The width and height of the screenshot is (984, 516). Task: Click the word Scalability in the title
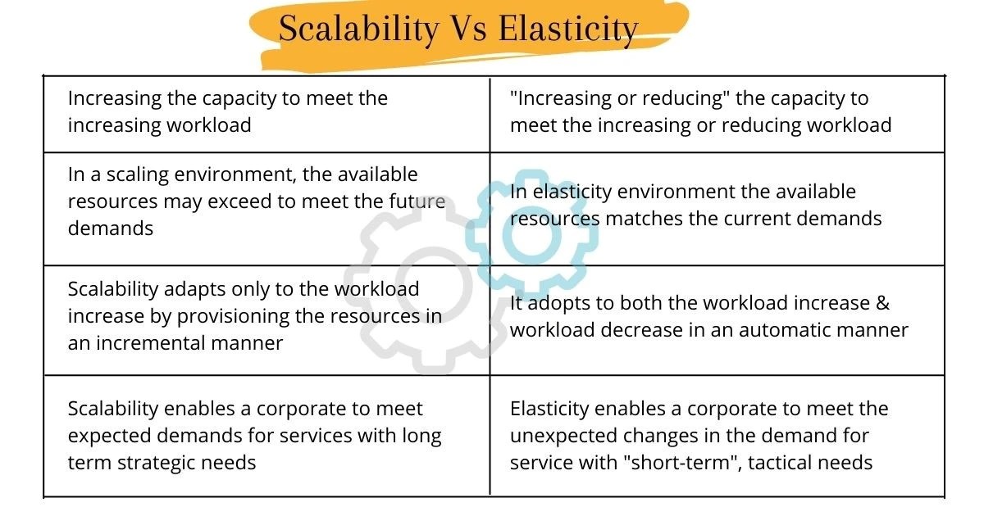tap(358, 29)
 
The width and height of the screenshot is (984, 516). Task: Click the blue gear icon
tap(532, 232)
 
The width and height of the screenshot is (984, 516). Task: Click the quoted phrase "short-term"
tap(695, 462)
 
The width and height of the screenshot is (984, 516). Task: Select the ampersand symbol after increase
tap(882, 303)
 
